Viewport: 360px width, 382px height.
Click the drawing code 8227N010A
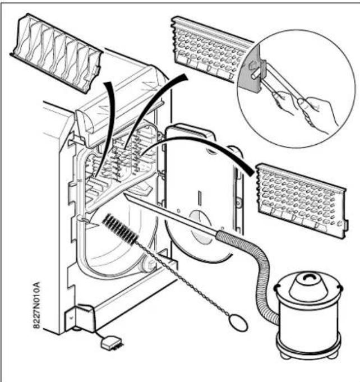click(x=36, y=305)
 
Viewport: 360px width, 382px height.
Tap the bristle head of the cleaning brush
click(x=120, y=229)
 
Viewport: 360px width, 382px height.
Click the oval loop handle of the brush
click(x=239, y=323)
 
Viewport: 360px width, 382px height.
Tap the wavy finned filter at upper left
click(x=57, y=52)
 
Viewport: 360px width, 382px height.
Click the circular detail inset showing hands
click(x=296, y=88)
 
